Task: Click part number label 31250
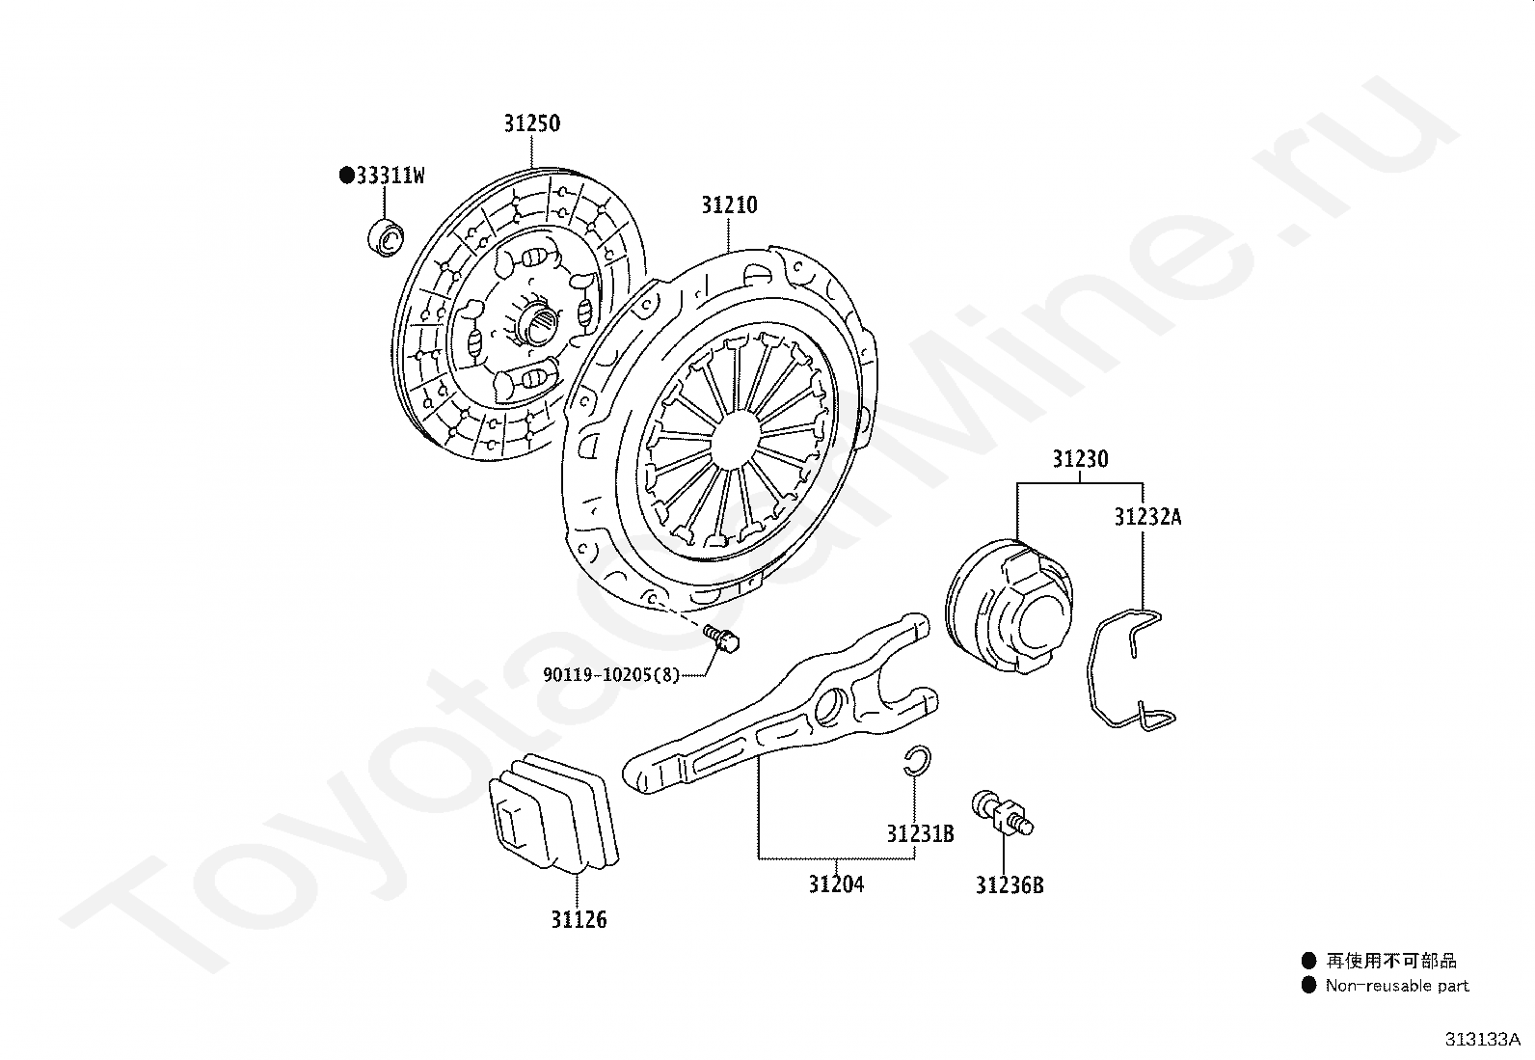[531, 123]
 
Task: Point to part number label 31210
[729, 205]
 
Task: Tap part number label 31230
[1080, 459]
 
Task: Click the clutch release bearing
[1009, 608]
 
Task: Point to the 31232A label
[1147, 517]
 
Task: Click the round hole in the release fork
[829, 708]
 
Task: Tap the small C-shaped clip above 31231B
[916, 761]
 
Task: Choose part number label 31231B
[920, 833]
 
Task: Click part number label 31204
[836, 883]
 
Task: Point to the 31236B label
[1010, 885]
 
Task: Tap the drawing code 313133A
[1482, 1039]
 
